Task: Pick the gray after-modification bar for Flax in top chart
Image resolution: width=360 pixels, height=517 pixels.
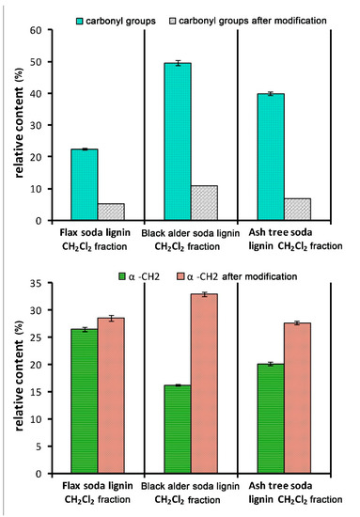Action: click(110, 212)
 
